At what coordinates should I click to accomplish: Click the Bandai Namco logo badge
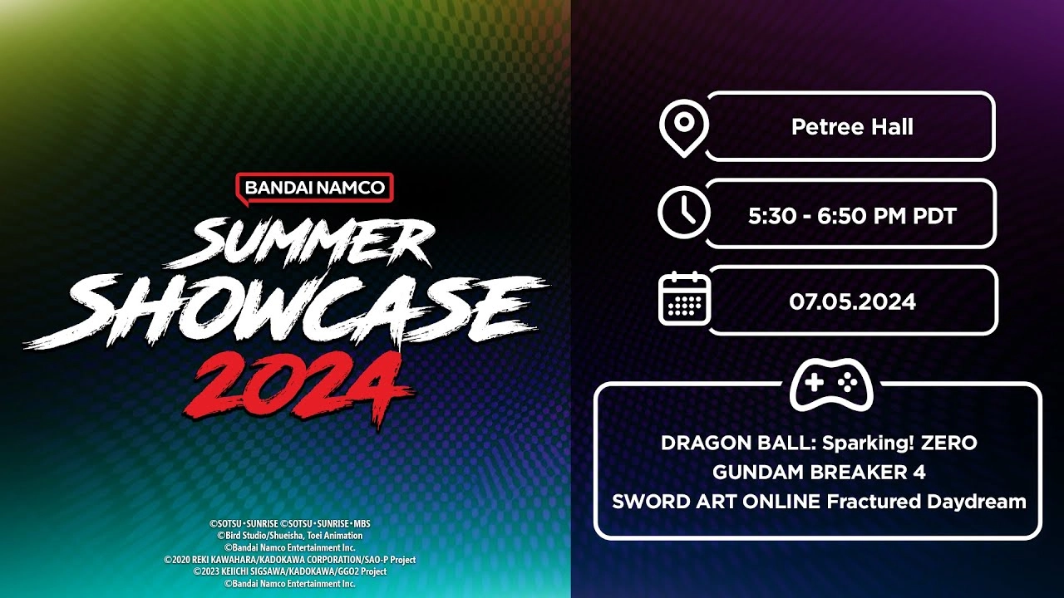(x=314, y=188)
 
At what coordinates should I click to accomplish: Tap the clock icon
(x=683, y=213)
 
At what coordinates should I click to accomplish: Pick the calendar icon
(x=684, y=298)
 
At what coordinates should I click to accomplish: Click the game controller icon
(x=830, y=385)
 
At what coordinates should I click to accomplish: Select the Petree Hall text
(x=852, y=127)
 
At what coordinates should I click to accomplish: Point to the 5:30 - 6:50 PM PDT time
(x=852, y=217)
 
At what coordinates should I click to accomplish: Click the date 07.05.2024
(x=852, y=301)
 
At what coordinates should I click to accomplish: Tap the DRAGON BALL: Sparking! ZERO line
(x=819, y=443)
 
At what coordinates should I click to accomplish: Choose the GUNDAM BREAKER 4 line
(x=819, y=472)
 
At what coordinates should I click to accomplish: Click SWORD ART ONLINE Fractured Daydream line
(x=819, y=501)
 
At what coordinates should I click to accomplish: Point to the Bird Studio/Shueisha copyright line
(x=290, y=536)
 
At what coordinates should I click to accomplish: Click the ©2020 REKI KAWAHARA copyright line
(x=290, y=560)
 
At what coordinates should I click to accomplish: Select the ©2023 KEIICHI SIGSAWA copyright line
(x=290, y=571)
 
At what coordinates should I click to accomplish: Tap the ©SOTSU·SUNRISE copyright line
(x=290, y=524)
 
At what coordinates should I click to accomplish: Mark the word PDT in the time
(x=933, y=217)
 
